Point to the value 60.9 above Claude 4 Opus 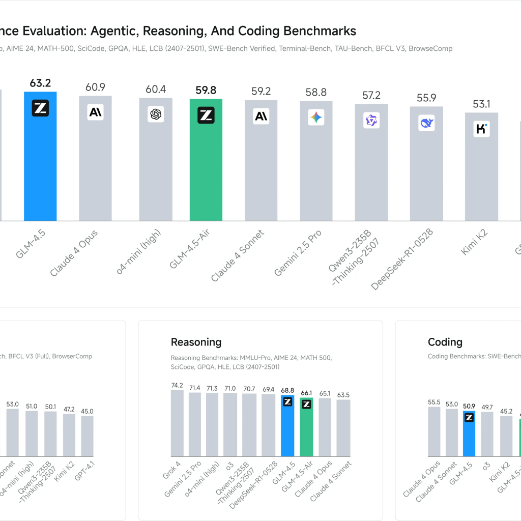[95, 87]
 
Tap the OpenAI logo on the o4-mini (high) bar [156, 114]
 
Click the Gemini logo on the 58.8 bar [316, 118]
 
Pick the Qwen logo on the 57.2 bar [371, 121]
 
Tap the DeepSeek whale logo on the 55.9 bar [426, 123]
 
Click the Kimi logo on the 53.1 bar [481, 129]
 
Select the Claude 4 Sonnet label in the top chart [238, 256]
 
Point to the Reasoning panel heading [196, 342]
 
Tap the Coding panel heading [445, 342]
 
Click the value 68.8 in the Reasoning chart [287, 390]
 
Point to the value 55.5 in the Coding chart [434, 402]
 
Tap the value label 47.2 [69, 409]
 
